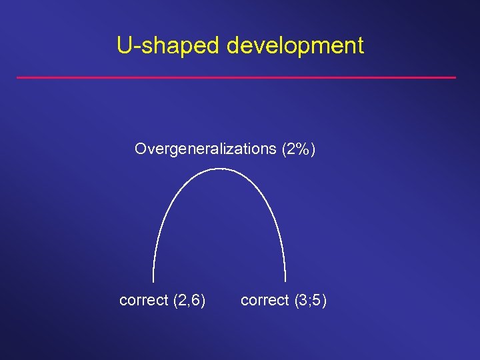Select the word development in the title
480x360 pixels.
[295, 46]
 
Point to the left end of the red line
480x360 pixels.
[17, 78]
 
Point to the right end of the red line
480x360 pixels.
[455, 78]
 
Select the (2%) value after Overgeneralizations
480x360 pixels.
[297, 149]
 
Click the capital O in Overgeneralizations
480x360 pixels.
[140, 149]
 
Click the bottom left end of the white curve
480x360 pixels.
[153, 281]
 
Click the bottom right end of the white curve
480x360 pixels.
[285, 281]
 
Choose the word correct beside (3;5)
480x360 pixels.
[265, 301]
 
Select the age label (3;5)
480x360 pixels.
[311, 301]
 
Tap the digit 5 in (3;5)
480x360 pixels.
[317, 301]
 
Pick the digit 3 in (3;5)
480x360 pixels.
[303, 301]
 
